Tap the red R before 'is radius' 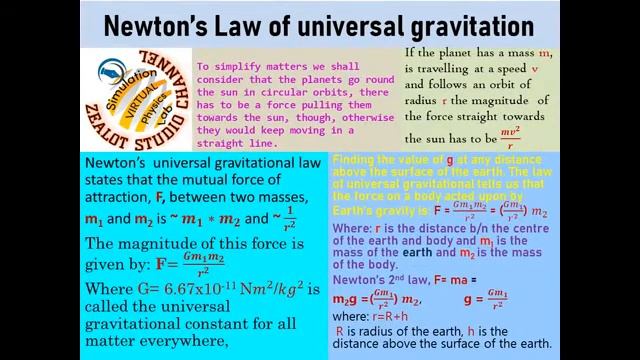(341, 330)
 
